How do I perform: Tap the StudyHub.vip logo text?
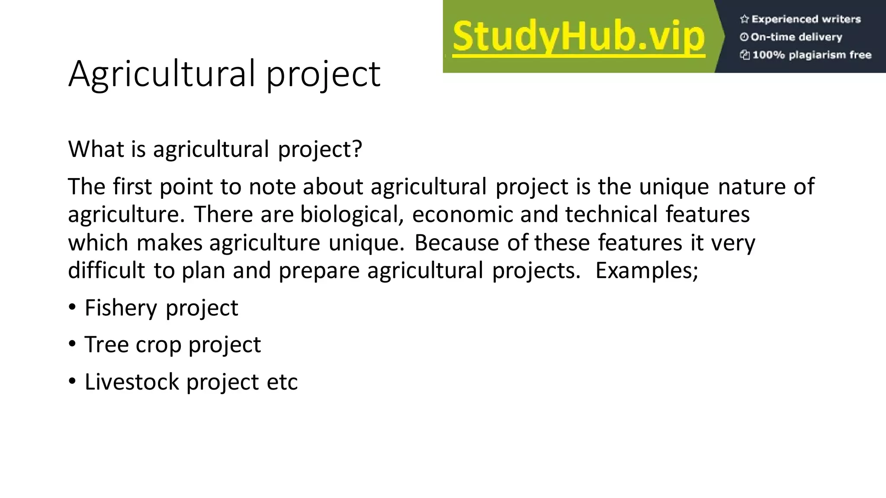coord(578,37)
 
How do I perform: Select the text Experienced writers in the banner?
coord(806,19)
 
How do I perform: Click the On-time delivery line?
coord(796,37)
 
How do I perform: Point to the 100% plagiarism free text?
coord(811,55)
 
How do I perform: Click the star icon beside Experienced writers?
coord(744,19)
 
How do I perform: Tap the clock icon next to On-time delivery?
coord(744,37)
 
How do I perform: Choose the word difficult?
coord(106,271)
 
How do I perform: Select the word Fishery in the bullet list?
coord(121,308)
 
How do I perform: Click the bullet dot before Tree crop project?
coord(72,344)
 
